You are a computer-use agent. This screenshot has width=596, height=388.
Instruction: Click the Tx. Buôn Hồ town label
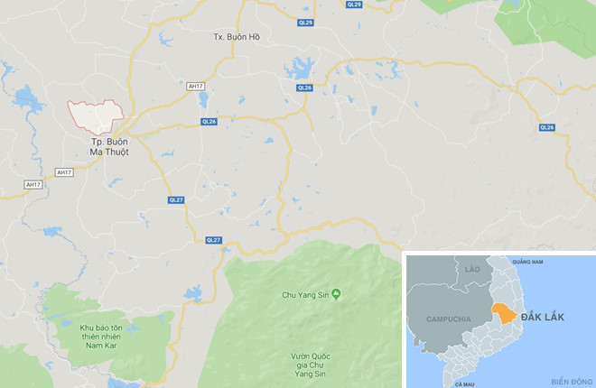pos(237,37)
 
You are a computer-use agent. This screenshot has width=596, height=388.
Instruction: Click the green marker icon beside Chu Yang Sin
pos(336,293)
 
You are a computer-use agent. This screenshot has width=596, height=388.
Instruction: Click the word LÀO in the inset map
pos(471,270)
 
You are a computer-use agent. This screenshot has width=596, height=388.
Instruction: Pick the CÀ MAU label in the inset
pos(465,383)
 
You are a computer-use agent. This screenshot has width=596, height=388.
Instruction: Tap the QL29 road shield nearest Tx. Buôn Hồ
pos(306,23)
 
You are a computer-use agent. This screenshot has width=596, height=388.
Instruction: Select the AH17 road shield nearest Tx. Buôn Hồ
pos(195,86)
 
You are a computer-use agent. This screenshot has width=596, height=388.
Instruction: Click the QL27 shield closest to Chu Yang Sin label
pos(213,239)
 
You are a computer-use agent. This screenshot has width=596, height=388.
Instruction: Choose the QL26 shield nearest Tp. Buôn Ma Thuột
pos(210,122)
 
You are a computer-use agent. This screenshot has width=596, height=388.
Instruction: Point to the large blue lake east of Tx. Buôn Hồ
pos(298,69)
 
